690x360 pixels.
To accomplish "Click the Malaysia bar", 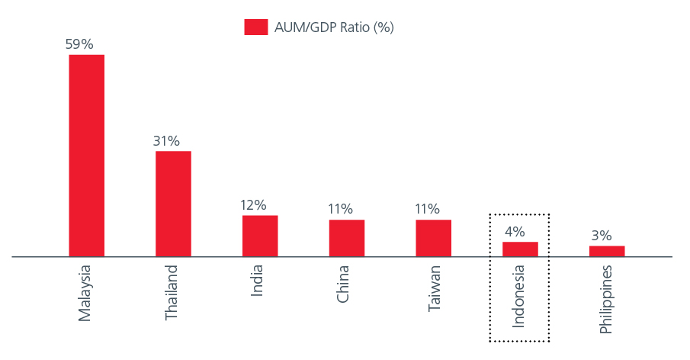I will [x=86, y=156].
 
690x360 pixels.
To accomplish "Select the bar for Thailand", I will [x=173, y=204].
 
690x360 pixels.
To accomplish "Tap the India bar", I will [x=260, y=236].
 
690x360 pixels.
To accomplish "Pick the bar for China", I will [x=346, y=238].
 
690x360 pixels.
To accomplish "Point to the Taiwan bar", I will [x=433, y=238].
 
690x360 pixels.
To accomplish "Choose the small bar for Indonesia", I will [x=520, y=249].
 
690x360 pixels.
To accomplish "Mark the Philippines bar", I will [x=607, y=251].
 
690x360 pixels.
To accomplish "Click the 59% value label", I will [x=79, y=44].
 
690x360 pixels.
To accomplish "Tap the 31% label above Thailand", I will [x=166, y=140].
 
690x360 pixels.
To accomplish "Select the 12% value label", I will [x=253, y=204].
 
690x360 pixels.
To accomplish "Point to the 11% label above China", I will [x=340, y=208].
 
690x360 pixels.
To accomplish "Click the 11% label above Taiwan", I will [x=427, y=208].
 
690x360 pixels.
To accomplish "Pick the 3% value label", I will [x=601, y=235].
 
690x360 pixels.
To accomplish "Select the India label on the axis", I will [x=258, y=280].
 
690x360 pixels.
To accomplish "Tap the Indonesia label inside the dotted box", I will [x=518, y=296].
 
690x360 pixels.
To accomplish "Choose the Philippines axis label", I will [x=606, y=299].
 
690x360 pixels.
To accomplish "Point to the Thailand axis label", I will [x=172, y=292].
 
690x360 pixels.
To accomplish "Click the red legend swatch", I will [x=255, y=27].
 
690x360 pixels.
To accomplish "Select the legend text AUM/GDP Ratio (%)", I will [x=334, y=27].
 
